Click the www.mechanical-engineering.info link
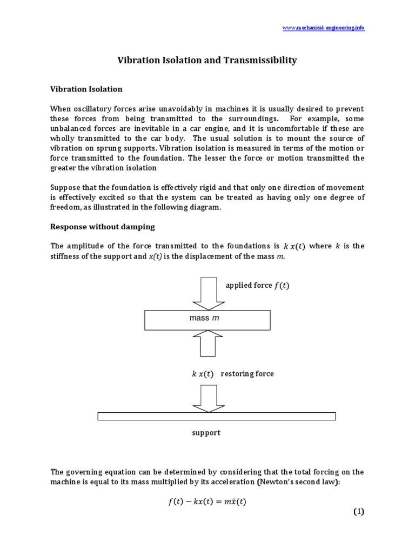point(324,28)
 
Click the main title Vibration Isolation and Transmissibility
point(207,61)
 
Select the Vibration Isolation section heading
point(86,89)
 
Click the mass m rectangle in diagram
point(207,320)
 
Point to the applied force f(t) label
point(257,286)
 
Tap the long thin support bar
point(216,416)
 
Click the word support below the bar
point(206,433)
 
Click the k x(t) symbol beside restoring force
point(203,374)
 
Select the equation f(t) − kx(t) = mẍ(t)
point(207,502)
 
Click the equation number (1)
point(359,512)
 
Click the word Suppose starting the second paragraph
point(65,187)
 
